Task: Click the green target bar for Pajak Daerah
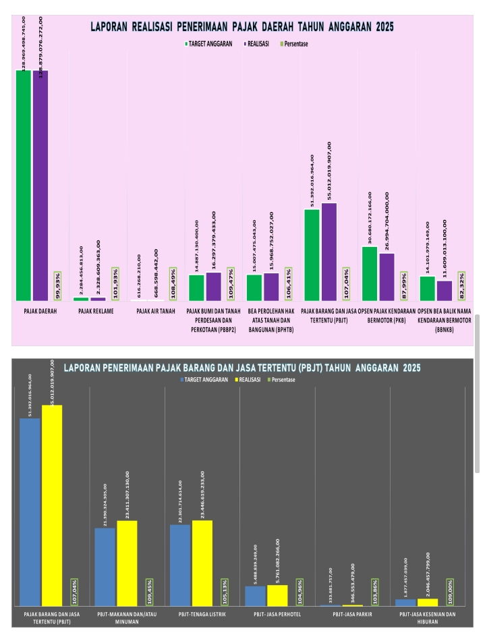[x=24, y=185]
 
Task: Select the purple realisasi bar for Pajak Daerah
[x=40, y=185]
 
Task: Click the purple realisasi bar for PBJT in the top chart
[x=329, y=251]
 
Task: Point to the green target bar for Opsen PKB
[x=370, y=273]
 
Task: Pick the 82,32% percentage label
[x=461, y=285]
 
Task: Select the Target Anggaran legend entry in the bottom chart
[x=202, y=381]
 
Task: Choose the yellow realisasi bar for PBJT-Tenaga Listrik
[x=202, y=563]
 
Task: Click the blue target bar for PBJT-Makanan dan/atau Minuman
[x=105, y=567]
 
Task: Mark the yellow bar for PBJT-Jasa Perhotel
[x=277, y=595]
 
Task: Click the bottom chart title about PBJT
[x=242, y=368]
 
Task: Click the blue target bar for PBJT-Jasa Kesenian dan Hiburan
[x=406, y=602]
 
